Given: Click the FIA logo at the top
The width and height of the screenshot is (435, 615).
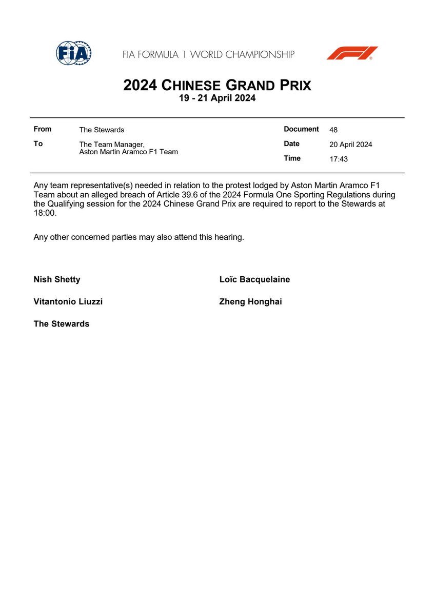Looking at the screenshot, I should click(x=73, y=53).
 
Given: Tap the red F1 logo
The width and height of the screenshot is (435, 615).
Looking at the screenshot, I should click(x=352, y=53).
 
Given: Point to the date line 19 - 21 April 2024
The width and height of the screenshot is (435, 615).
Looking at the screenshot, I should click(x=217, y=98).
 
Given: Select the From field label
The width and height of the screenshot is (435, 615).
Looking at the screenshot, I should click(x=43, y=129).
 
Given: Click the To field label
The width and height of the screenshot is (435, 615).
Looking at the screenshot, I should click(x=38, y=143).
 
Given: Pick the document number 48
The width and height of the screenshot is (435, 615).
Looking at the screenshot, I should click(x=333, y=130).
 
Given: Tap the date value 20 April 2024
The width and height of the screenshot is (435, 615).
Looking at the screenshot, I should click(x=351, y=145).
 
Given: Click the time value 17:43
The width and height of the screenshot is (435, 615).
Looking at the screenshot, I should click(x=339, y=159).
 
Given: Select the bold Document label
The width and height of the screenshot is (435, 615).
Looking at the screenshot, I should click(x=301, y=129).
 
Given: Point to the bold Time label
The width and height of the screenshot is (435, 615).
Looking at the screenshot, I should click(x=292, y=158).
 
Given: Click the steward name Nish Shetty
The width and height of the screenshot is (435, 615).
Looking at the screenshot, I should click(x=57, y=279).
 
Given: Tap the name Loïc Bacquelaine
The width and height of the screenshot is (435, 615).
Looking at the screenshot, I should click(x=254, y=279).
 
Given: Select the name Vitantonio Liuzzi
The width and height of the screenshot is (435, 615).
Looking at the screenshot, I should click(x=68, y=302).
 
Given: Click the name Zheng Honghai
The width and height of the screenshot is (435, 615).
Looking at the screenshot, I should click(x=250, y=302).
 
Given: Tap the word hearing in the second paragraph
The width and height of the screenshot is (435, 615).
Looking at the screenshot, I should click(x=228, y=237).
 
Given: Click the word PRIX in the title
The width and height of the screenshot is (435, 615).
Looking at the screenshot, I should click(x=292, y=85).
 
